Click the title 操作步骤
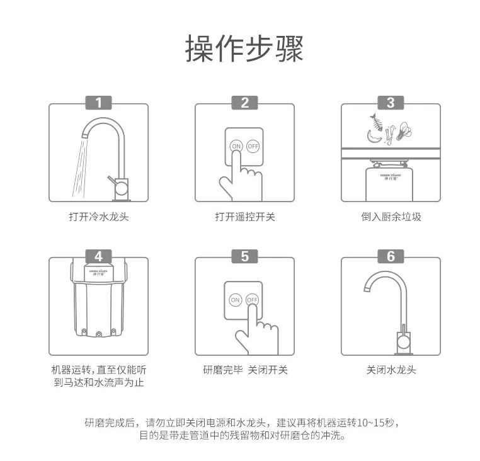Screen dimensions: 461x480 pyautogui.click(x=244, y=49)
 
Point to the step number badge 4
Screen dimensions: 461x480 pyautogui.click(x=98, y=256)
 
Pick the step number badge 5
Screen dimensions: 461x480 pyautogui.click(x=244, y=256)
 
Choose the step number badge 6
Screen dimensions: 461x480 pyautogui.click(x=391, y=256)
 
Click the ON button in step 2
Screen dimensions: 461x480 pyautogui.click(x=236, y=146)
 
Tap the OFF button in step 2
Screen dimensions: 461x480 pyautogui.click(x=253, y=146)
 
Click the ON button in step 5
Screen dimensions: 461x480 pyautogui.click(x=236, y=300)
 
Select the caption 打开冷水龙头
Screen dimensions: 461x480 pyautogui.click(x=99, y=217)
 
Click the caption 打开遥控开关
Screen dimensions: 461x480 pyautogui.click(x=245, y=217)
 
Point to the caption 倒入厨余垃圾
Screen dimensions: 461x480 pyautogui.click(x=391, y=217)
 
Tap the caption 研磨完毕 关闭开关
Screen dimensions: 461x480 pyautogui.click(x=245, y=370)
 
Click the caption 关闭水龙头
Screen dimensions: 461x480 pyautogui.click(x=391, y=370)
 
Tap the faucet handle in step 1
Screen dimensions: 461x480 pyautogui.click(x=113, y=181)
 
